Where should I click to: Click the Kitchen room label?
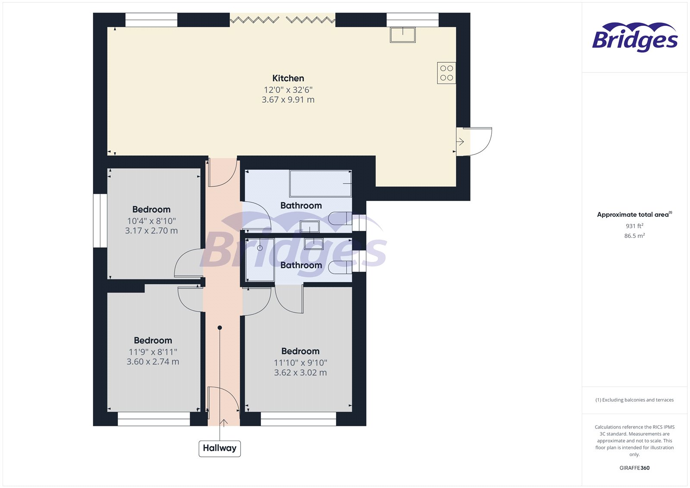[x=288, y=78]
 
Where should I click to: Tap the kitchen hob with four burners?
[x=446, y=73]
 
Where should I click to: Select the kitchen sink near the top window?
[x=402, y=35]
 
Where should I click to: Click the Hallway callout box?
[x=220, y=448]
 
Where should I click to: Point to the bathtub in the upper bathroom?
[x=320, y=184]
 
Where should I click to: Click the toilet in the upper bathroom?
[x=340, y=218]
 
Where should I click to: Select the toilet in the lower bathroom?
[x=340, y=267]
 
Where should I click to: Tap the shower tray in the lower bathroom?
[x=260, y=259]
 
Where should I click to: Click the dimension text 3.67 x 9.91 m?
[x=288, y=100]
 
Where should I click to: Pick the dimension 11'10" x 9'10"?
[x=301, y=363]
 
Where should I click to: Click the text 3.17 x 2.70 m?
[x=151, y=231]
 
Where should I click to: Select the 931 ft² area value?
[x=634, y=226]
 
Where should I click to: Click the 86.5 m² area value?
[x=634, y=236]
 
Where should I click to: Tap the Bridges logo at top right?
[x=634, y=38]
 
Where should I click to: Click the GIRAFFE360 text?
[x=634, y=468]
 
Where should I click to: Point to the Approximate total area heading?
[x=633, y=214]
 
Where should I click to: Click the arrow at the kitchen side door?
[x=460, y=141]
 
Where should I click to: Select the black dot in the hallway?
[x=220, y=328]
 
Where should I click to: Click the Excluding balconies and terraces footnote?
[x=634, y=400]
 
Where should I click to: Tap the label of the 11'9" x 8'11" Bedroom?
[x=153, y=340]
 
